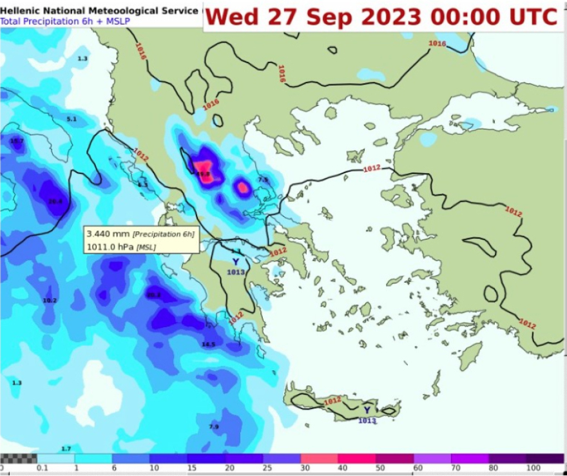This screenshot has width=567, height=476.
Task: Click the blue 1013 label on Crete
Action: click(366, 421)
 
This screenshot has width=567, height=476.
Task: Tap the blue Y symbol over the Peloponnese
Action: click(235, 262)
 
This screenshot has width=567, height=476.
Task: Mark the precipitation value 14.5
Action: click(208, 345)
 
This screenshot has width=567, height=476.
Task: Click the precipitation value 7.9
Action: click(214, 426)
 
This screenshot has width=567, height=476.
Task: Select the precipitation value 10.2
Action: click(50, 301)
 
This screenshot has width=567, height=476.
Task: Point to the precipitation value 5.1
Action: click(72, 119)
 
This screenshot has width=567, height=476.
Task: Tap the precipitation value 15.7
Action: click(16, 141)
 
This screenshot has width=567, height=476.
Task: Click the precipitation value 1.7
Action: click(66, 448)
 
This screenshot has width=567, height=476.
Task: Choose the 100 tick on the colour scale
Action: click(533, 468)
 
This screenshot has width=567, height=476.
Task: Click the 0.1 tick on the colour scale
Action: click(43, 468)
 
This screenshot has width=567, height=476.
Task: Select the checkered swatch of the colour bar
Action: click(19, 458)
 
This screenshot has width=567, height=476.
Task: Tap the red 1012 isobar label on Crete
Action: click(332, 401)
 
